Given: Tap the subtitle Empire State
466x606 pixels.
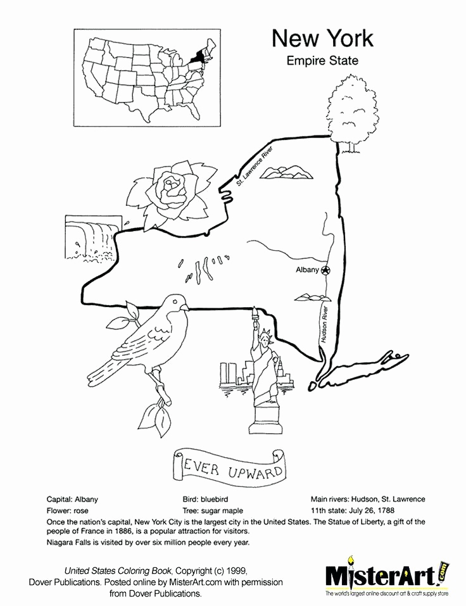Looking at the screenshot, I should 322,61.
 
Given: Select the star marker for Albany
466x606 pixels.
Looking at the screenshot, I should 325,270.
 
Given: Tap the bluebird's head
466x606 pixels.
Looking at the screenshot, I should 175,305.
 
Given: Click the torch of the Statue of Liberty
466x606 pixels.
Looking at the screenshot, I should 256,312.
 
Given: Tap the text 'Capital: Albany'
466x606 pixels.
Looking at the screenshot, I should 73,499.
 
